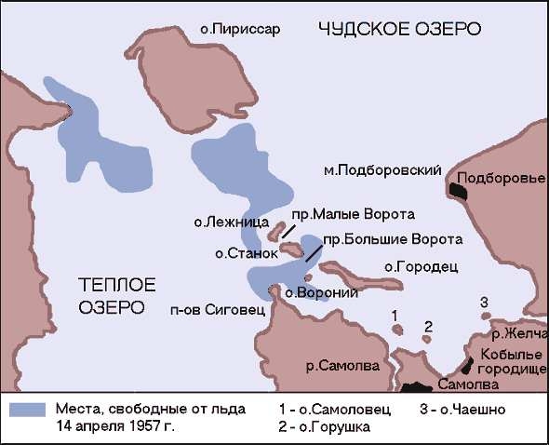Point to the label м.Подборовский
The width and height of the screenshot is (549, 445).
point(382,171)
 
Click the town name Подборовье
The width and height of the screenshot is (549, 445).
point(498,177)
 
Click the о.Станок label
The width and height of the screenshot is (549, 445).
point(247,252)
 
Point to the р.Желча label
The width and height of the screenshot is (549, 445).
point(519,333)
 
